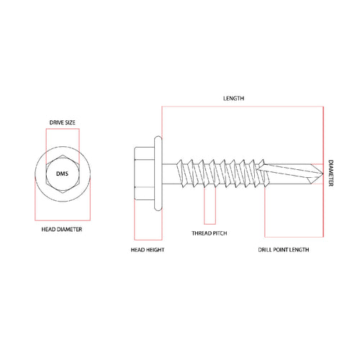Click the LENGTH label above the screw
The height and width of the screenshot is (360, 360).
[233, 99]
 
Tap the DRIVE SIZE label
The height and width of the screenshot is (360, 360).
[63, 122]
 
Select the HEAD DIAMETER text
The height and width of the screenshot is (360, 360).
[62, 229]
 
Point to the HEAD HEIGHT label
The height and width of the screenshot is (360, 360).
[148, 250]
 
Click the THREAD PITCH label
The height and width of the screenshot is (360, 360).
[210, 233]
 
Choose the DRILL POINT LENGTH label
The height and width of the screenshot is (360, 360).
[284, 250]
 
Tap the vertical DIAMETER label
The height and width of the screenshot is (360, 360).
[330, 173]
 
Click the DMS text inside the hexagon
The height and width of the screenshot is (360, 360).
[62, 174]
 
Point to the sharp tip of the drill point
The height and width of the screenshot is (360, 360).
[323, 174]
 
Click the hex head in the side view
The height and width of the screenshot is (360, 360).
[144, 174]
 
